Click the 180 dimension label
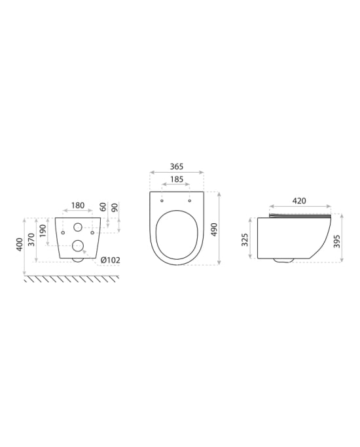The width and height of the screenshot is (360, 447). [78, 206]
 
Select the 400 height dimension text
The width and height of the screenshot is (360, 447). [20, 245]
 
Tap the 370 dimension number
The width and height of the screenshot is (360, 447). [31, 238]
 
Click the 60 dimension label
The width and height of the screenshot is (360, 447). [103, 207]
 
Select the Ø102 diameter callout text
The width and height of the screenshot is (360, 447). [110, 260]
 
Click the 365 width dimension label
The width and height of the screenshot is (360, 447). [176, 167]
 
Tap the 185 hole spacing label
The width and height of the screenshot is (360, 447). [176, 179]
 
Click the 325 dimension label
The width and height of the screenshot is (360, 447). [245, 240]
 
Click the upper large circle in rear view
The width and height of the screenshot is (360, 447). [78, 228]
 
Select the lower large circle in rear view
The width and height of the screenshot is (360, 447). [78, 246]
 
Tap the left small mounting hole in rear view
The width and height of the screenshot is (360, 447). [63, 232]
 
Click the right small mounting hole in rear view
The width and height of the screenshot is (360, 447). [93, 232]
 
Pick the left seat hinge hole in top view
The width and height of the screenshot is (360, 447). [162, 200]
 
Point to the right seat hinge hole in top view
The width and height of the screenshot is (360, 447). [190, 200]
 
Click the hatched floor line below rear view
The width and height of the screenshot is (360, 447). [72, 279]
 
